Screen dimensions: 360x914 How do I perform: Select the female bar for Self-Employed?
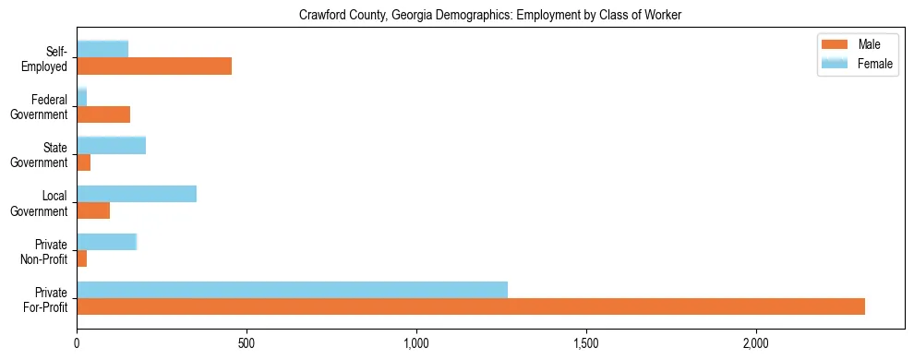(x=102, y=49)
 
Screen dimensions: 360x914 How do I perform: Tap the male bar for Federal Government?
(x=103, y=114)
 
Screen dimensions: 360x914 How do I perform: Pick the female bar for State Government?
(x=111, y=145)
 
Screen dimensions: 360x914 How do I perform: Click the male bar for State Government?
(x=83, y=162)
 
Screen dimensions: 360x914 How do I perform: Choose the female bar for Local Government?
(x=137, y=193)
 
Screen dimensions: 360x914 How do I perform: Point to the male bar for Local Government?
(x=93, y=210)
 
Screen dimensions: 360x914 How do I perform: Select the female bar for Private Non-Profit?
(x=106, y=242)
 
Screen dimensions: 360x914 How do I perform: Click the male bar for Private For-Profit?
(x=471, y=306)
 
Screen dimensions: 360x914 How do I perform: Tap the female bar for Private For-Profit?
(x=292, y=290)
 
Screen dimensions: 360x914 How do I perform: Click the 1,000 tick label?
(x=416, y=343)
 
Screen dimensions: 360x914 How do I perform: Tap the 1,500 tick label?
(x=586, y=343)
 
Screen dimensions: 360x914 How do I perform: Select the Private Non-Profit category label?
(x=46, y=251)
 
